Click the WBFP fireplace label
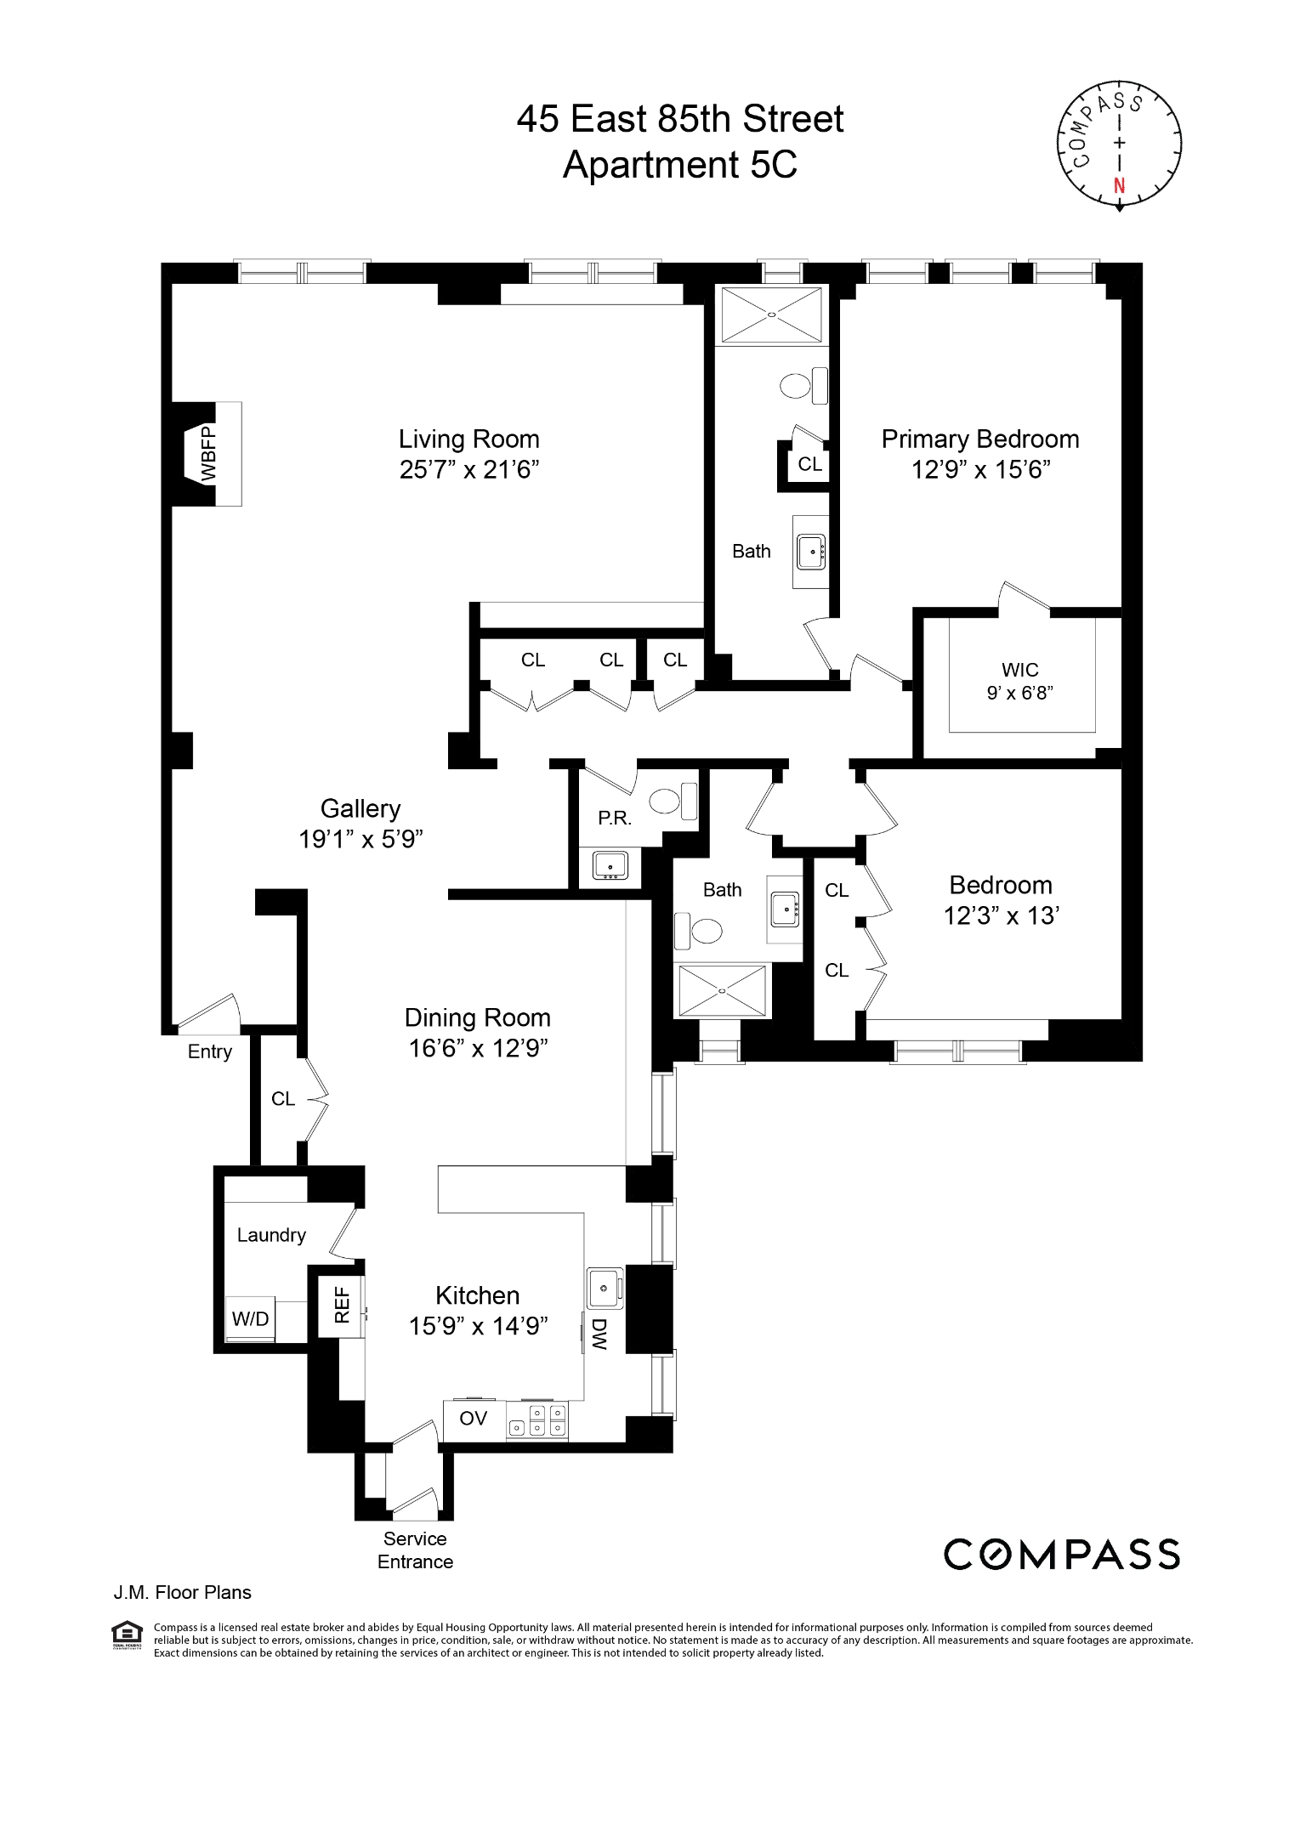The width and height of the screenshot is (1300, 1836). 208,454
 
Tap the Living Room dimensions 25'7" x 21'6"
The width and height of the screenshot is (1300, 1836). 469,469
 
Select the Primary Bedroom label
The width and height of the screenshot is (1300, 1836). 979,439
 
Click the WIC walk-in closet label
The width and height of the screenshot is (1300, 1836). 1019,670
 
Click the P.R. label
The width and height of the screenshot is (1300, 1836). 614,819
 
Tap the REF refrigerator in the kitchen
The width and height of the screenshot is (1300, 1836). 342,1305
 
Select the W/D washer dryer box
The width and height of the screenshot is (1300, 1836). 250,1319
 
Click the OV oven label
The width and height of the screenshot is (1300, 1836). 473,1418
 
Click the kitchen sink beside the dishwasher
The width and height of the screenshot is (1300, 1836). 604,1289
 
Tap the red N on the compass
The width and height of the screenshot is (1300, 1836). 1119,186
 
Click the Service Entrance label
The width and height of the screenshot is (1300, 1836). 415,1550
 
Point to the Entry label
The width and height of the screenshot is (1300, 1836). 209,1051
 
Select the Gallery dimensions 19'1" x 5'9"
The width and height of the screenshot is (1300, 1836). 360,839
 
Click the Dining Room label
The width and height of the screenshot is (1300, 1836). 477,1017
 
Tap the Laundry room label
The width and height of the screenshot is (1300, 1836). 271,1235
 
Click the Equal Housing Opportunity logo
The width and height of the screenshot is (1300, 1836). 127,1634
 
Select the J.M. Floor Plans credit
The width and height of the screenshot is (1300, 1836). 182,1592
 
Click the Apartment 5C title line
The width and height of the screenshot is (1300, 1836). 679,164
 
